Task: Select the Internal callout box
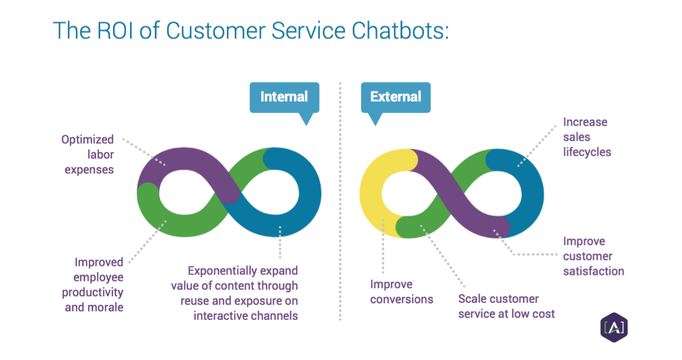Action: click(x=284, y=97)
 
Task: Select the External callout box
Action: click(x=396, y=97)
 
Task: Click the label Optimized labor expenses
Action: click(x=88, y=154)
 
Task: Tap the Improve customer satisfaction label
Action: click(x=593, y=256)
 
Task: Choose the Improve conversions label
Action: click(x=401, y=292)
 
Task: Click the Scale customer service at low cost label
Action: click(x=506, y=306)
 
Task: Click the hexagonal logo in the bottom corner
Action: click(x=613, y=328)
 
